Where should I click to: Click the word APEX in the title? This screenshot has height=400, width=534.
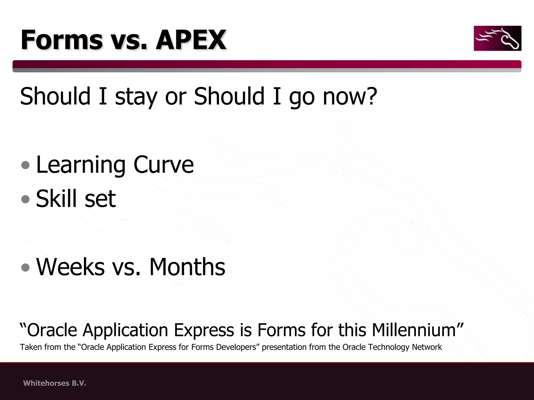(x=191, y=40)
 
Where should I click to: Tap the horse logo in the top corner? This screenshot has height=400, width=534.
(x=497, y=38)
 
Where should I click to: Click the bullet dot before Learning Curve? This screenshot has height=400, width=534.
(x=26, y=165)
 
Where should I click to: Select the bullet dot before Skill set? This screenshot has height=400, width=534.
(x=26, y=199)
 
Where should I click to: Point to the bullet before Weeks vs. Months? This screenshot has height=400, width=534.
(x=26, y=267)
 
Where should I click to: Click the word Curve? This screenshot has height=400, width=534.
(x=163, y=165)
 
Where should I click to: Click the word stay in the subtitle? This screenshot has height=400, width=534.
(x=136, y=96)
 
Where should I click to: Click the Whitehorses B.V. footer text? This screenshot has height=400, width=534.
(x=54, y=383)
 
